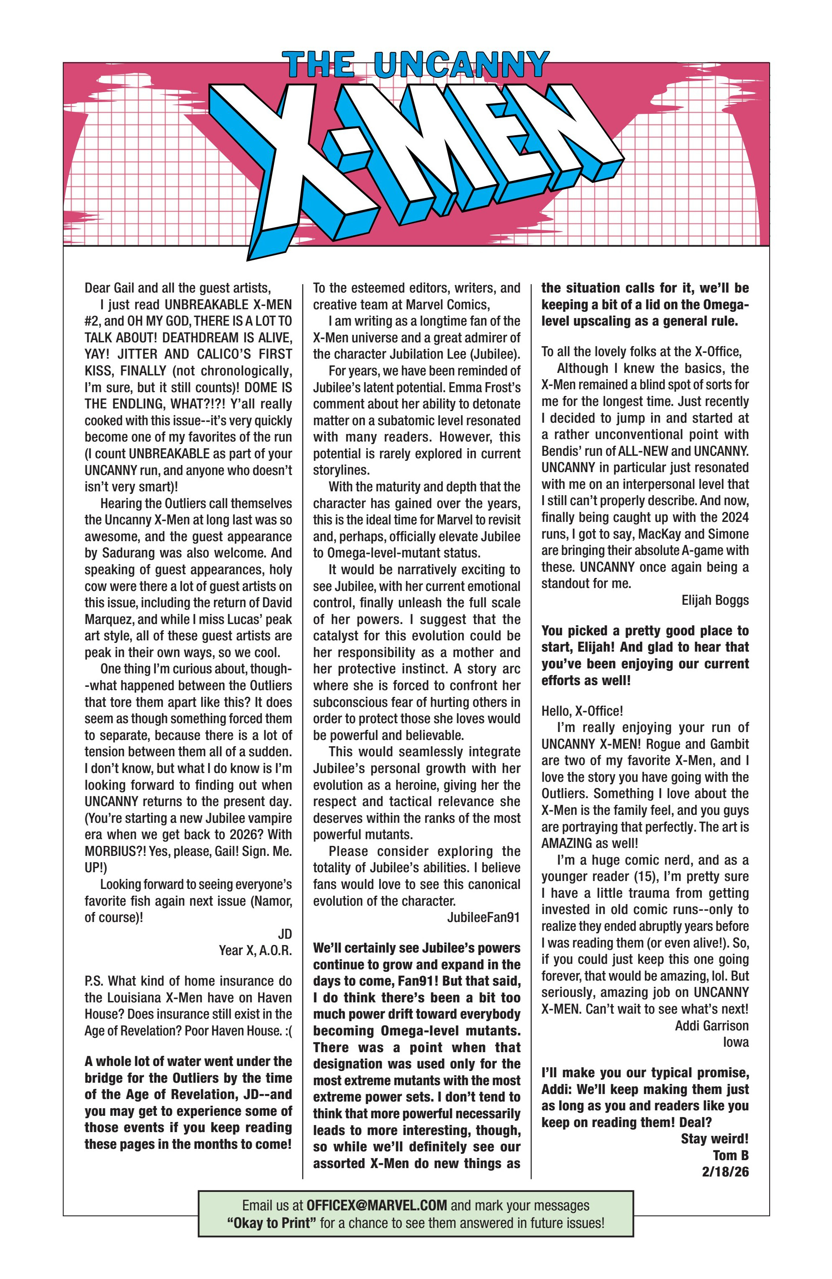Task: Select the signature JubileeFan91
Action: click(x=483, y=917)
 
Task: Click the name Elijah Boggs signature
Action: click(x=714, y=600)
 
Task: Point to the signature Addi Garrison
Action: click(x=711, y=1025)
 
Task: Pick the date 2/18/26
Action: click(x=724, y=1171)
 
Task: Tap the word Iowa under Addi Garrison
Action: click(x=735, y=1042)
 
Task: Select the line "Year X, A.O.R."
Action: click(x=255, y=950)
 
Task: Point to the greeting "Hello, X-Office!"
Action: click(x=582, y=711)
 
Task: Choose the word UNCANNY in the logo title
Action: click(x=461, y=65)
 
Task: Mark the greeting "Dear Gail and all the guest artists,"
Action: click(x=177, y=288)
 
